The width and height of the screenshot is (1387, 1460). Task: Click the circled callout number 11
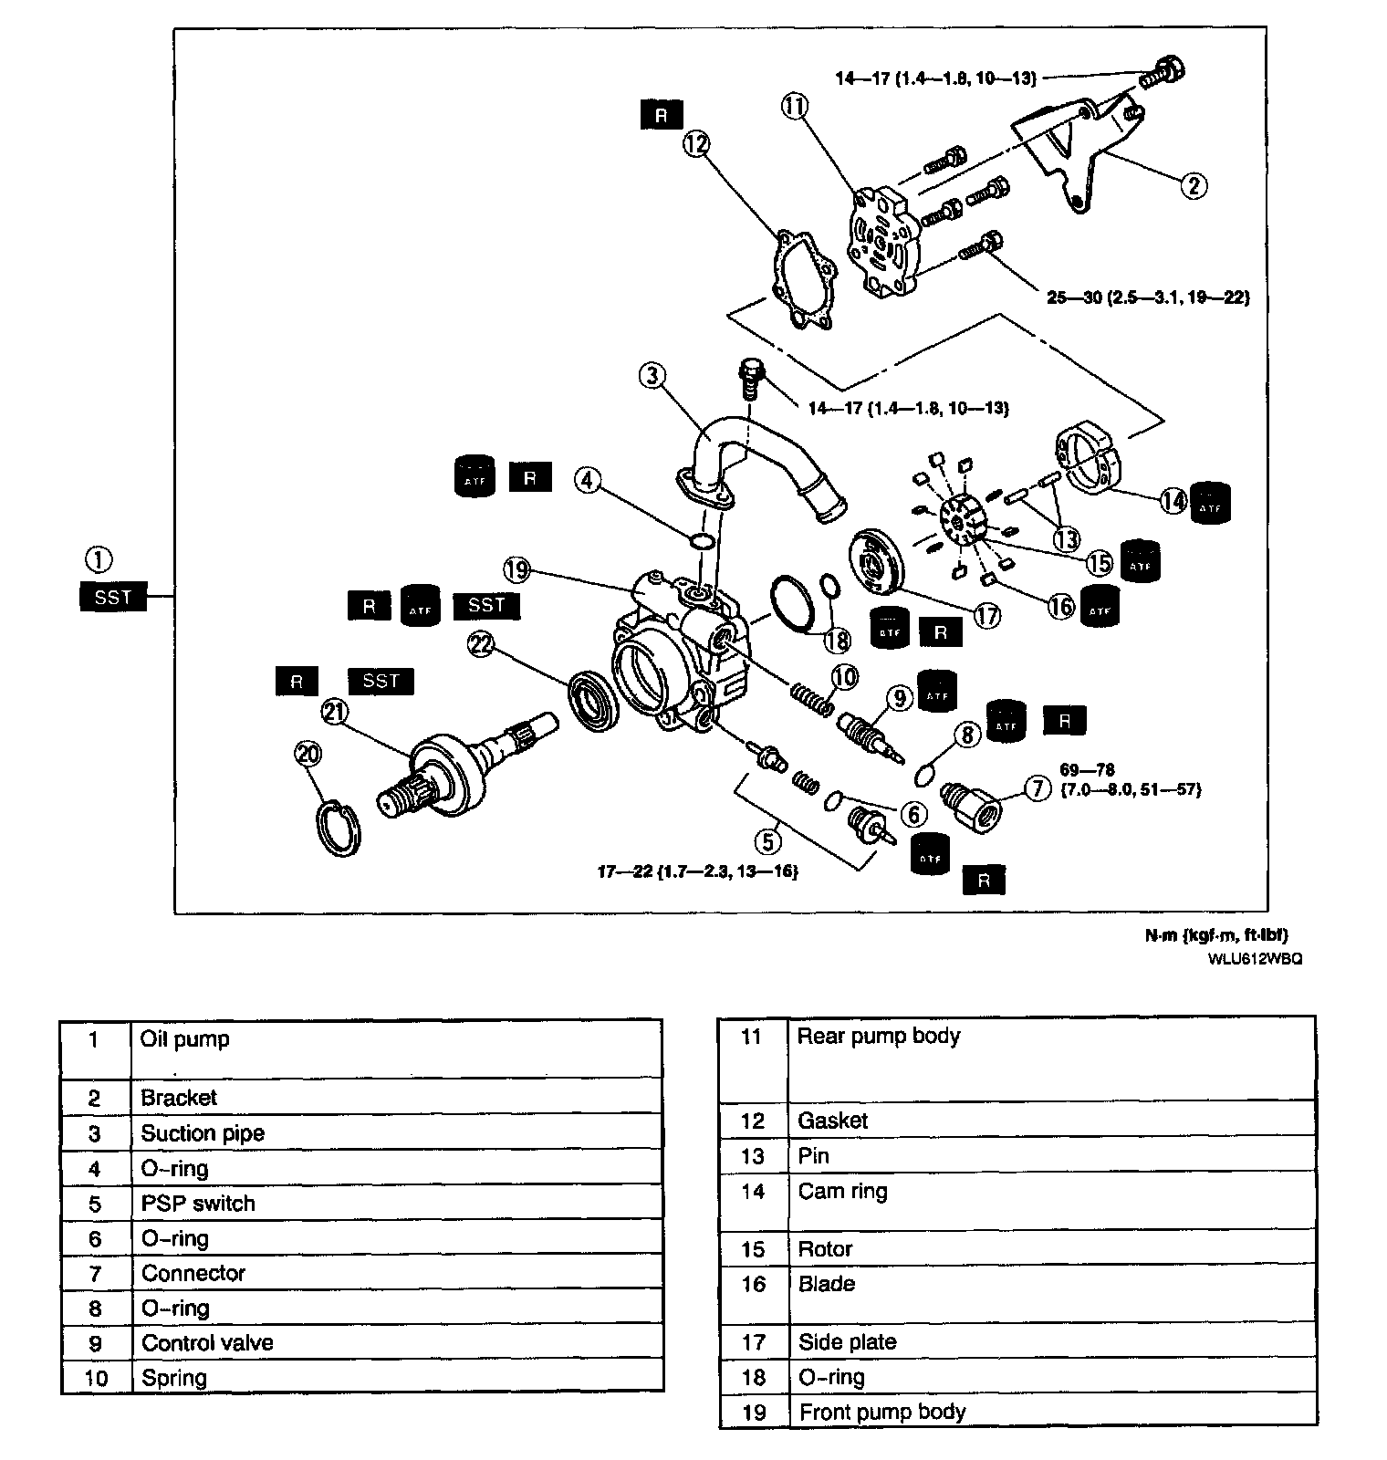(794, 107)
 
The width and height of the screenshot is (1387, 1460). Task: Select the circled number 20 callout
(308, 754)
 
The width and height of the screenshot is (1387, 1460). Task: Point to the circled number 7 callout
(1038, 787)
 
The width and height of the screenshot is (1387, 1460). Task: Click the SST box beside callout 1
(113, 598)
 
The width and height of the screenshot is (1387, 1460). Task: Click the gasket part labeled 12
(804, 278)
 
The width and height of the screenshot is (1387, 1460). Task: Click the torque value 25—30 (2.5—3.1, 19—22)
(1147, 297)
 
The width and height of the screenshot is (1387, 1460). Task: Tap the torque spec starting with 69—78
(1131, 779)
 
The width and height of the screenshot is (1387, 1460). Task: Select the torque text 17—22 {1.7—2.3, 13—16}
(698, 872)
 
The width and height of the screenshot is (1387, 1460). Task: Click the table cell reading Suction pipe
(203, 1133)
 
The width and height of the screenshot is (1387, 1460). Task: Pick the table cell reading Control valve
(207, 1343)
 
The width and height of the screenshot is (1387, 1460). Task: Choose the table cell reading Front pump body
(881, 1412)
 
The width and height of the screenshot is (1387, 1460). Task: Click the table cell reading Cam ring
(842, 1192)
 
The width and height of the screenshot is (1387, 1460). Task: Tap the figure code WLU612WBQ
(1255, 959)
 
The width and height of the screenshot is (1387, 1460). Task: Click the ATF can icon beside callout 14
(1210, 502)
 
